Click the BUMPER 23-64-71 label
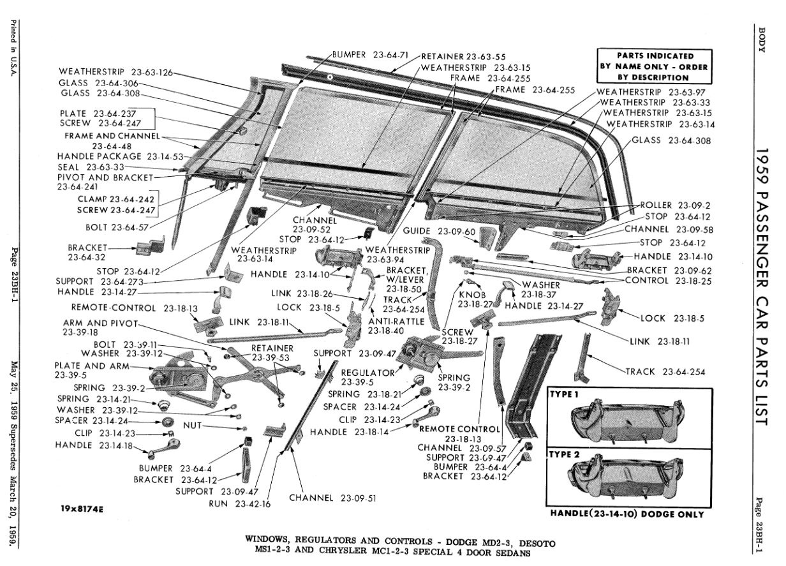point(370,55)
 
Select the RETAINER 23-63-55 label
point(464,57)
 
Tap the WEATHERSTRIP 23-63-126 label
point(116,72)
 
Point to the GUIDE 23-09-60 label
point(439,231)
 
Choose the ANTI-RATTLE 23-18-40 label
point(396,326)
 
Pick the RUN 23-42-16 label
point(240,504)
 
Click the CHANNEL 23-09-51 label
point(332,498)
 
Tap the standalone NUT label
point(192,426)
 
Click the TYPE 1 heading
point(563,394)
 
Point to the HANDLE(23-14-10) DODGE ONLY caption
point(627,514)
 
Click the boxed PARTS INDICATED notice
point(655,66)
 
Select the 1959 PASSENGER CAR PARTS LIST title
point(762,286)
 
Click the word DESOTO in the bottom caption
point(537,544)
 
